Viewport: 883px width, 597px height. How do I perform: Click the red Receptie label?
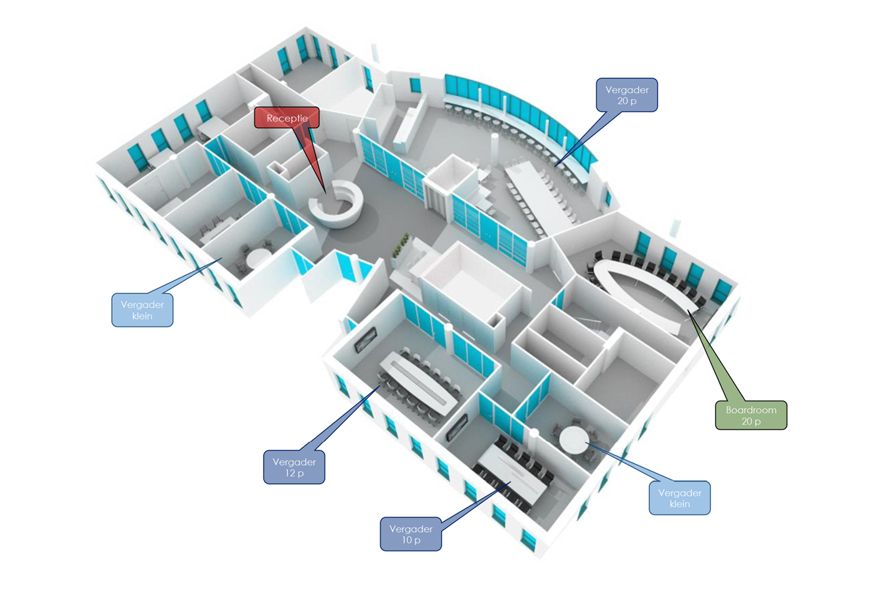tap(287, 118)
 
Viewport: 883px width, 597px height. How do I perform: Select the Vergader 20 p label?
tap(626, 95)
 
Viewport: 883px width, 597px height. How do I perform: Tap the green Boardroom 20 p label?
tap(750, 415)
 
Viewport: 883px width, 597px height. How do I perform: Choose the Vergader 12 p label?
tap(294, 467)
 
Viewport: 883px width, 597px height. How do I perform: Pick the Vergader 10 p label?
tap(411, 534)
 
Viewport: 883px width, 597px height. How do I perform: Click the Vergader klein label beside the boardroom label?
tap(679, 498)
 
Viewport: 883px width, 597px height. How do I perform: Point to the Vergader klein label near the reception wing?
tap(142, 310)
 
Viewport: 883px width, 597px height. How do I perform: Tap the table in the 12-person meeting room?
tap(418, 381)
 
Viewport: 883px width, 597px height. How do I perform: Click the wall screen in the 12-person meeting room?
tap(365, 339)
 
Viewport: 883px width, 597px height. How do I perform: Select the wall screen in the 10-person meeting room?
tap(457, 427)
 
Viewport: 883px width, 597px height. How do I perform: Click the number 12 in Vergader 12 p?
tap(290, 473)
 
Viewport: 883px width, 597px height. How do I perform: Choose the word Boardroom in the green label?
tap(750, 410)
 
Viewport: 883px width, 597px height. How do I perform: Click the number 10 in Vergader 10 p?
tap(406, 540)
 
